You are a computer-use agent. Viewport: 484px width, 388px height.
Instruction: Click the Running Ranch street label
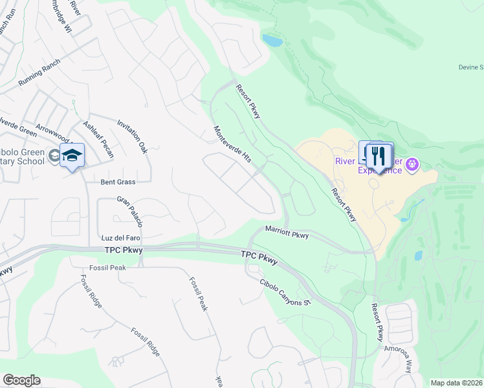click(39, 73)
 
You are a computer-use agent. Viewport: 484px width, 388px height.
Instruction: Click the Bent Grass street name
click(117, 182)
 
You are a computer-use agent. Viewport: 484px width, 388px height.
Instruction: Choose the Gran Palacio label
click(129, 212)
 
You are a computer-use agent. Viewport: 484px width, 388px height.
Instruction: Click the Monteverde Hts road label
click(232, 144)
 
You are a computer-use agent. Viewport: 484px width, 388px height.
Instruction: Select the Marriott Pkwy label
click(287, 233)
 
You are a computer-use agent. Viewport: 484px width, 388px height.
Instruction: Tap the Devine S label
click(471, 67)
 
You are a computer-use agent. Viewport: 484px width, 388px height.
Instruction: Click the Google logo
click(21, 380)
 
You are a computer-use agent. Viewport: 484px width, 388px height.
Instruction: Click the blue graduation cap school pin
click(72, 155)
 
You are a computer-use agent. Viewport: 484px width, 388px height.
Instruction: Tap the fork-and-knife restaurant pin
click(379, 156)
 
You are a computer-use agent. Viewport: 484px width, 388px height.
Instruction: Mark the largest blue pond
click(272, 41)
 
